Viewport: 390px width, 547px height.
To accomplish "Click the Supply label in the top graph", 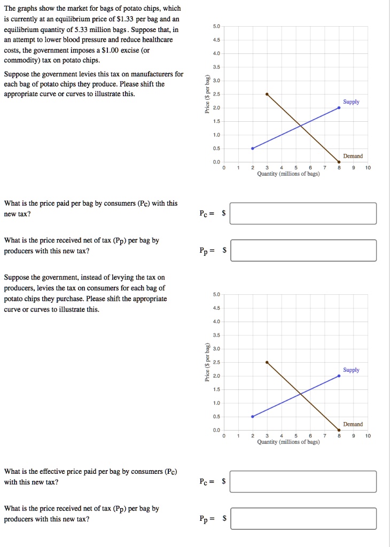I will click(351, 101).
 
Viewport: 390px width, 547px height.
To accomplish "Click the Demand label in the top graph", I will click(353, 156).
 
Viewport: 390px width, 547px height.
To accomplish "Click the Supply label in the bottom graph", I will click(351, 370).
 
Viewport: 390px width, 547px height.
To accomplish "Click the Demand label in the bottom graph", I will click(353, 424).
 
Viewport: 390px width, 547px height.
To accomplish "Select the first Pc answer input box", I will click(303, 213).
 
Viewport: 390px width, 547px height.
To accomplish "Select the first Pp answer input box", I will click(303, 250).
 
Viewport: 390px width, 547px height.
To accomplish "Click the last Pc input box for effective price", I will click(303, 481).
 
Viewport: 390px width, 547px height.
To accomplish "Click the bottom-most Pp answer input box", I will click(303, 518).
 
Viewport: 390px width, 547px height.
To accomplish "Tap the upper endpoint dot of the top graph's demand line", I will click(267, 94).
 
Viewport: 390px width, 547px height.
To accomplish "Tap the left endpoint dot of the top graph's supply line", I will click(253, 149).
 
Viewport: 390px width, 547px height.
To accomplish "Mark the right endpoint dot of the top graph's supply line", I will click(339, 107).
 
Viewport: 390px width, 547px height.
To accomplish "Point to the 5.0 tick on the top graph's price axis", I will click(216, 27).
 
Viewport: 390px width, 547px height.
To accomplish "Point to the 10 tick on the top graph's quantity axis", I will click(368, 168).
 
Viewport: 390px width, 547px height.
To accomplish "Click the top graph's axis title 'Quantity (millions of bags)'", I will click(288, 174).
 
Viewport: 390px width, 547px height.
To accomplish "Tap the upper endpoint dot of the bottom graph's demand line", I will click(267, 362).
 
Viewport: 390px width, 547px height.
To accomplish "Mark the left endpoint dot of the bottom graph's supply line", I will click(253, 417).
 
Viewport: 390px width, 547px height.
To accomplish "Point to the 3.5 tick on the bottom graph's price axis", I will click(216, 335).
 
